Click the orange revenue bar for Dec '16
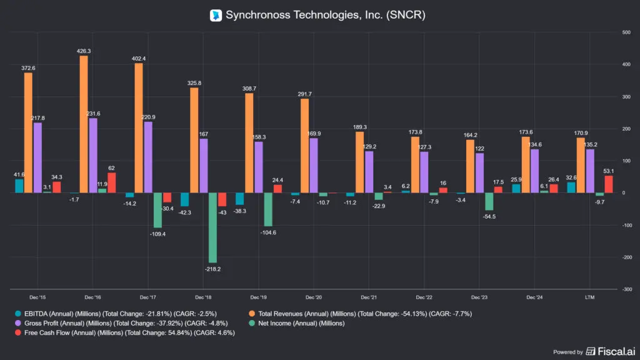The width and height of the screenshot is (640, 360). coord(84,124)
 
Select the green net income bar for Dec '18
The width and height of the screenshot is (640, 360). coord(212,227)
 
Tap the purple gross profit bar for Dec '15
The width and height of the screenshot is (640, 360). coord(37,157)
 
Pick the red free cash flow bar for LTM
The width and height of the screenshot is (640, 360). coord(609,184)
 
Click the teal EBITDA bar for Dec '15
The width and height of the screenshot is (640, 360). coord(19,186)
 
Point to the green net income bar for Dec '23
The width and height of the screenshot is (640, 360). coord(489,202)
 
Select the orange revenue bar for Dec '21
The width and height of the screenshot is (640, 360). coord(359,162)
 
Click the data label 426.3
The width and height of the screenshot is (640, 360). coord(84,51)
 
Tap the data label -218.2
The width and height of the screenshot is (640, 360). coord(212,269)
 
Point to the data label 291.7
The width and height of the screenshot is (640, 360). coord(304,94)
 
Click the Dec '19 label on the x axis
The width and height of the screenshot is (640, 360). coord(258,297)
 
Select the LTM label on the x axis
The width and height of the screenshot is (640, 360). coord(589,297)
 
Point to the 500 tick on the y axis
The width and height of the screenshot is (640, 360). coord(626,32)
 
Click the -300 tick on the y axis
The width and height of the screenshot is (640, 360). coord(626,289)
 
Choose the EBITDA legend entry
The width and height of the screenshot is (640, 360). coord(116,314)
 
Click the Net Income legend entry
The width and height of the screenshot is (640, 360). coord(297,323)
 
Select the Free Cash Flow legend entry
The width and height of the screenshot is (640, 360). coord(125,332)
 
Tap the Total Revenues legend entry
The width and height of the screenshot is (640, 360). coord(361,314)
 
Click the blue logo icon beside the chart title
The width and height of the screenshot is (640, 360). coord(216,15)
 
